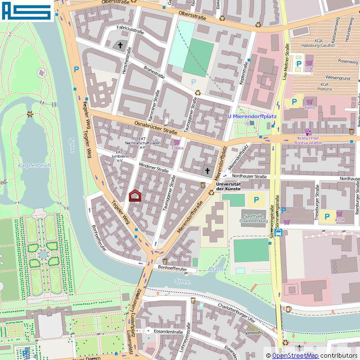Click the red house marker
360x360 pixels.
135,195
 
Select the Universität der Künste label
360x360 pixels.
228,186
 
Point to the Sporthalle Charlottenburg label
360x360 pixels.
253,218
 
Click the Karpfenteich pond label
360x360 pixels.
34,165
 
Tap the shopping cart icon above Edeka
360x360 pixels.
177,142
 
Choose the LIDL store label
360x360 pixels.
308,69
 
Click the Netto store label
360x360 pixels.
310,108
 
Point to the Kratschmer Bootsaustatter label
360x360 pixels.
308,140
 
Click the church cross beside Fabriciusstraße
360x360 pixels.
120,45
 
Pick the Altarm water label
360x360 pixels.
216,270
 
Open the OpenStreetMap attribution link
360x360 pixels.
295,356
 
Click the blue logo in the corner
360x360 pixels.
26,11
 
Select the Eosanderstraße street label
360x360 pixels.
168,332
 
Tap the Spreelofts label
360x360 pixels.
255,333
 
